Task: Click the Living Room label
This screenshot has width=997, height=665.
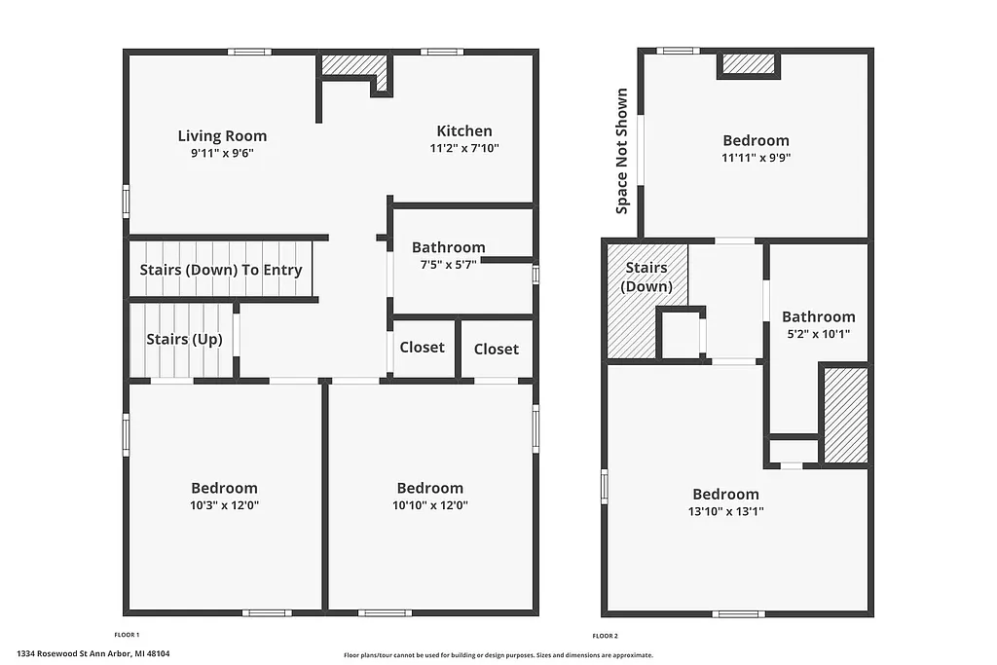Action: (x=222, y=136)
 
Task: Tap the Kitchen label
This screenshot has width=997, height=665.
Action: (x=463, y=131)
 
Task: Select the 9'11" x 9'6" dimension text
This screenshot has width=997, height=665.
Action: (x=222, y=153)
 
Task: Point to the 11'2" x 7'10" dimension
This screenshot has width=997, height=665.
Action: (x=463, y=149)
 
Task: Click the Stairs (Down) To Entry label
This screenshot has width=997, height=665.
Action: (x=221, y=270)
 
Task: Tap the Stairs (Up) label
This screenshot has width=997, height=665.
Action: (x=184, y=340)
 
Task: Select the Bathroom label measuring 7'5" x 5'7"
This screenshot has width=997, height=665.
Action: (x=448, y=247)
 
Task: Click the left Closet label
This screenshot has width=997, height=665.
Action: (x=422, y=348)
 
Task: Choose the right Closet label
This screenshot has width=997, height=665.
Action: (x=497, y=349)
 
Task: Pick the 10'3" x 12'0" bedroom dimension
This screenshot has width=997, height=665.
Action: (x=224, y=505)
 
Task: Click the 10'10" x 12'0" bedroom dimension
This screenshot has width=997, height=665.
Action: (x=429, y=505)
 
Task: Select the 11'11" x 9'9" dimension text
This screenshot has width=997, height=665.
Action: (x=756, y=157)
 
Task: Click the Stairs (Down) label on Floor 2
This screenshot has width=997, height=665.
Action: (x=647, y=277)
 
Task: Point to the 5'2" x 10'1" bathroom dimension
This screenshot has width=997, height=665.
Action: (x=818, y=334)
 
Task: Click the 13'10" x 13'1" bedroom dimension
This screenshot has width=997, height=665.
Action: (x=725, y=511)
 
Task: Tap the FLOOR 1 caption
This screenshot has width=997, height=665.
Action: (x=127, y=635)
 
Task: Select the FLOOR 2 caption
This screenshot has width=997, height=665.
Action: (x=605, y=636)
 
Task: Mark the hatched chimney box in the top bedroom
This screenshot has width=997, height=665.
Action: (x=749, y=64)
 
